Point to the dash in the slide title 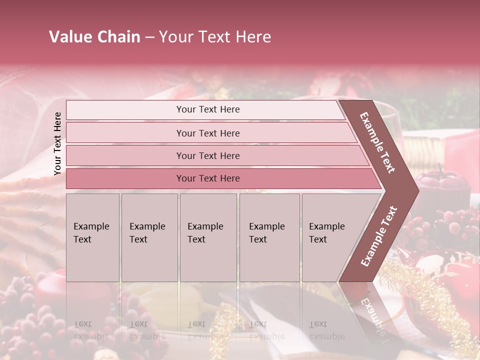coord(149,37)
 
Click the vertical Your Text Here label coord(57,143)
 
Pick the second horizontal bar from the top coord(208,133)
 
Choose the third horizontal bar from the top coord(208,155)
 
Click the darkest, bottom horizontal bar coord(208,178)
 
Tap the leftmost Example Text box coord(92,237)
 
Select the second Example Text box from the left coord(149,237)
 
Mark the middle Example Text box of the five coord(208,237)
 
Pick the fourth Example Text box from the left coord(269,237)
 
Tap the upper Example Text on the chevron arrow coord(377,142)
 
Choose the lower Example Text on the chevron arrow coord(378,236)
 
